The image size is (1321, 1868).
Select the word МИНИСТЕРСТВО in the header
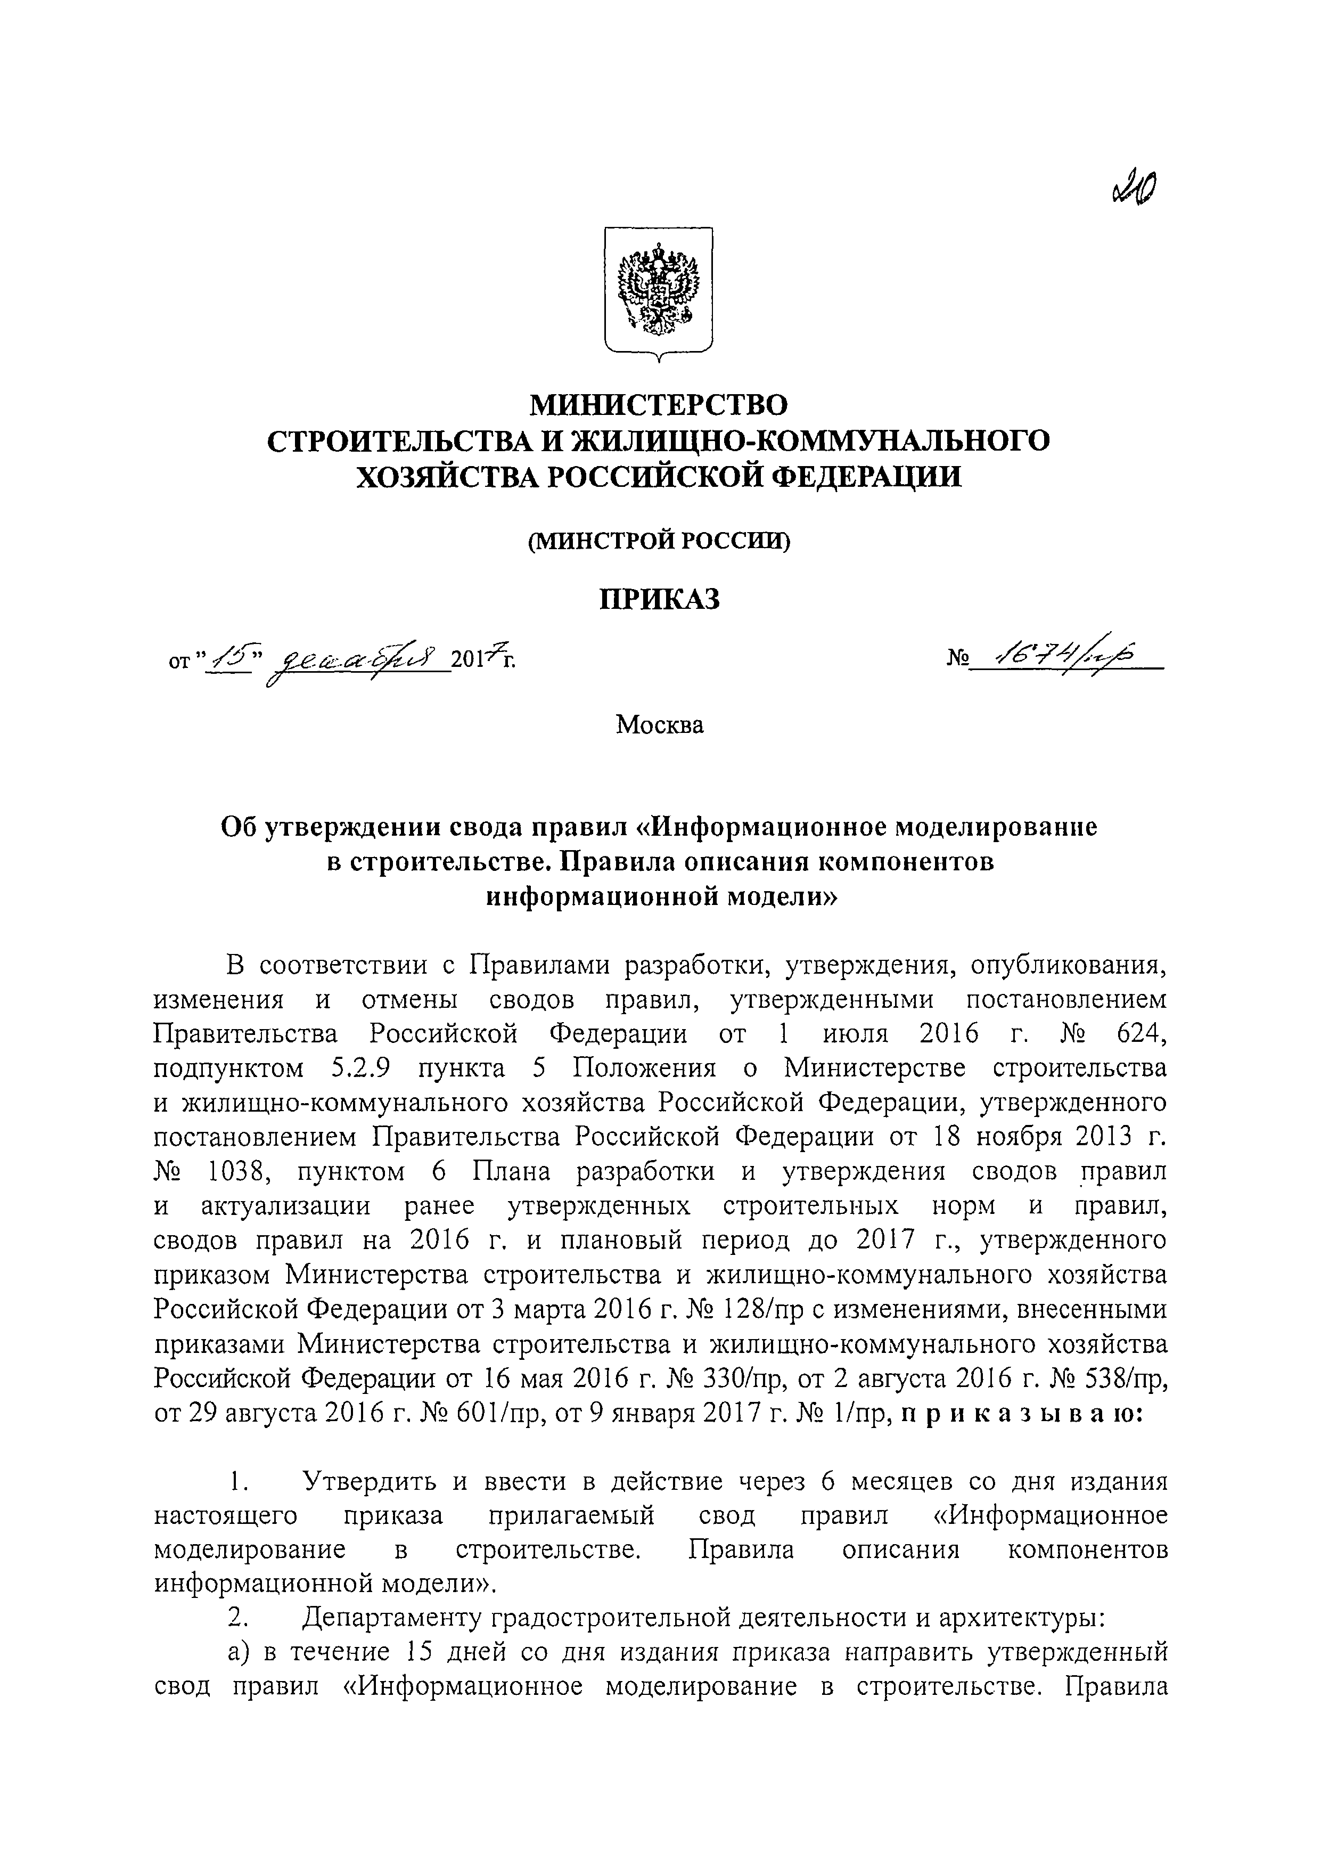[660, 404]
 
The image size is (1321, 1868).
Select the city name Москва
[660, 724]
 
